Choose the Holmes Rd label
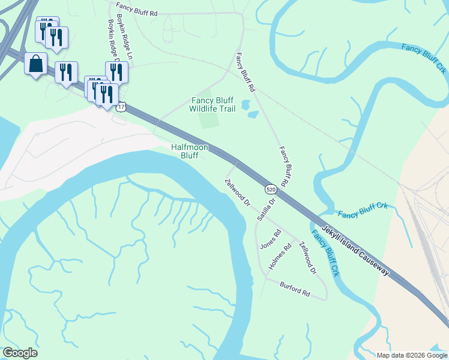[281, 256]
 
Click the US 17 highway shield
[122, 107]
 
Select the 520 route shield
[271, 189]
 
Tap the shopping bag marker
[35, 64]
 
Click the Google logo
[20, 353]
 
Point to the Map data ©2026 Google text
[411, 355]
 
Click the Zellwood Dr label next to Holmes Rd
[307, 258]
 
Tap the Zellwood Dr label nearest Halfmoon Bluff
[237, 192]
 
